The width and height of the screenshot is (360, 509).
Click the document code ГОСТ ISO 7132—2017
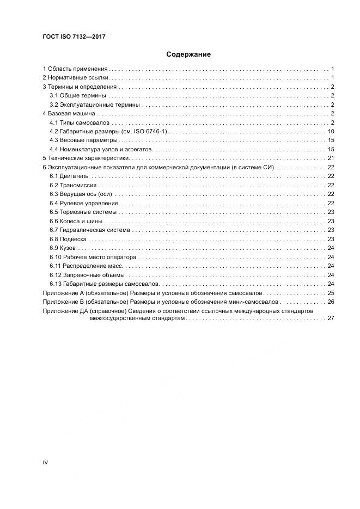(74, 36)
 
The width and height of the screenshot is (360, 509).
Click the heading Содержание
(188, 54)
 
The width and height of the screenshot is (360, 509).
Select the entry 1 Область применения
(76, 69)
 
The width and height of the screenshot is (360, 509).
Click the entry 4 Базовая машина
(69, 114)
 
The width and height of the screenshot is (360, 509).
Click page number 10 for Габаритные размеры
(331, 132)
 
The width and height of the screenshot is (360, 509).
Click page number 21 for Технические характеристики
(331, 158)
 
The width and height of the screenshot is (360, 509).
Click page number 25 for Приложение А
(331, 293)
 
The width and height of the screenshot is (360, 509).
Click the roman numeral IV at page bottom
(46, 463)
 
